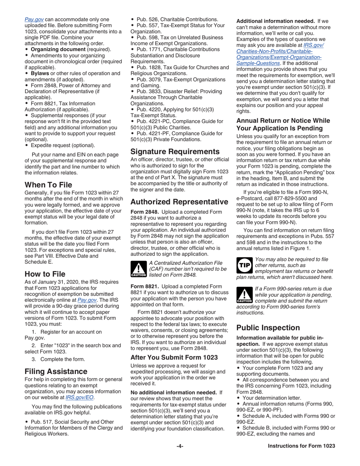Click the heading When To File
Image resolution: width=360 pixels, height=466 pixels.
click(x=48, y=185)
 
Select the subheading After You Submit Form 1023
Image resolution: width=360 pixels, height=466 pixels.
click(x=174, y=357)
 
